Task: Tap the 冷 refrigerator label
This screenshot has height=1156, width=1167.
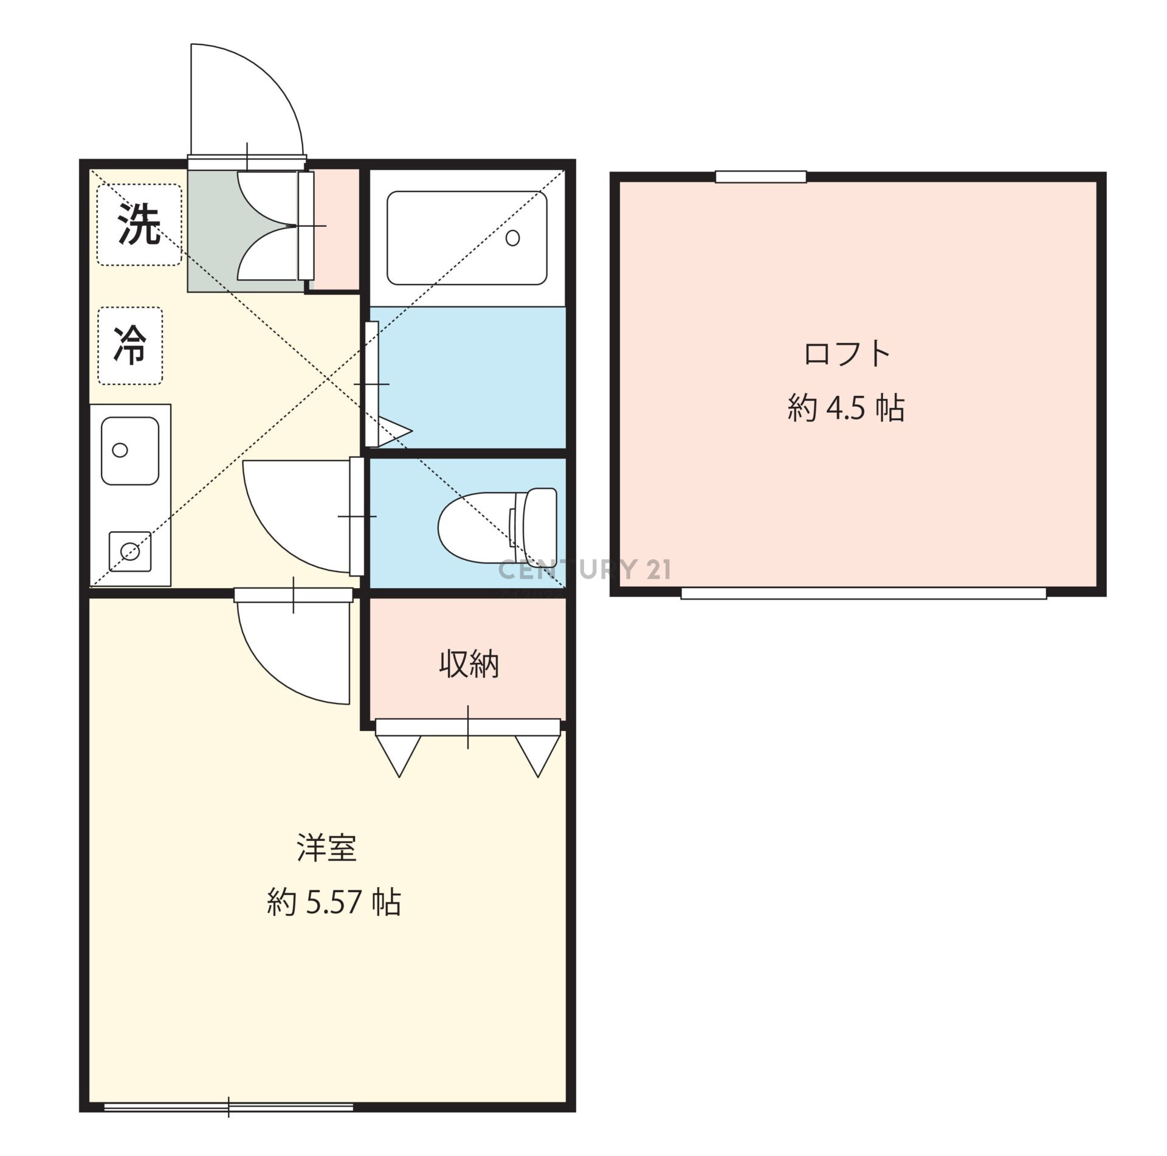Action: (x=130, y=344)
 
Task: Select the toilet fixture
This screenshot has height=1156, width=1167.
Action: (x=497, y=526)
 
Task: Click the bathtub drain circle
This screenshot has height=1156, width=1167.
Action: (x=512, y=238)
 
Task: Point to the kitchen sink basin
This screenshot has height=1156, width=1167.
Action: (x=130, y=451)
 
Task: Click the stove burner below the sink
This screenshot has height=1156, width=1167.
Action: (x=129, y=552)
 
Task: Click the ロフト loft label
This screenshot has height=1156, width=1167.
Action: (x=847, y=354)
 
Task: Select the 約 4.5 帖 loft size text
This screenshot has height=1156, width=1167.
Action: (x=846, y=408)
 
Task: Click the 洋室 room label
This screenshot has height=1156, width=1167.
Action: (x=326, y=848)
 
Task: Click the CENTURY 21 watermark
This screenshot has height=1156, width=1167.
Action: (x=585, y=570)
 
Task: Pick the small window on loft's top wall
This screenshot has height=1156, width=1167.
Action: (x=760, y=177)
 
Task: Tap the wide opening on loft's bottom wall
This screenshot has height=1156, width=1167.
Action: (x=863, y=593)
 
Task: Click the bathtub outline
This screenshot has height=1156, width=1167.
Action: (x=467, y=238)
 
